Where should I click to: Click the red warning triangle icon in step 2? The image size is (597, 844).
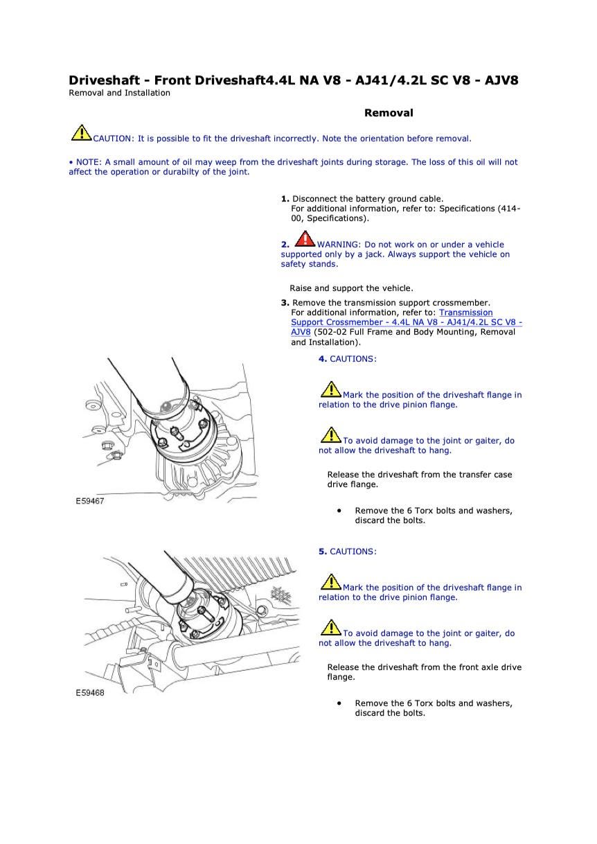[305, 239]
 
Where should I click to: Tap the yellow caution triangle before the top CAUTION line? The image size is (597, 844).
[81, 132]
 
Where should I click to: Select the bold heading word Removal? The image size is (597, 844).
[389, 113]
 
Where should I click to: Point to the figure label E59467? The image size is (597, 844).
[90, 501]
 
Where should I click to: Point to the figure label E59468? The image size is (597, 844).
[90, 692]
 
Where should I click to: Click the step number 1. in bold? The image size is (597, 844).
[285, 199]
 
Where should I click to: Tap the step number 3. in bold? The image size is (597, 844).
[285, 303]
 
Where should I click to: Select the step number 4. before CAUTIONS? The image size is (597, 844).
[323, 359]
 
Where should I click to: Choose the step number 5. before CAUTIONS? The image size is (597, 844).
[323, 552]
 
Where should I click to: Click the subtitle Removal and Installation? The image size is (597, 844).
[119, 93]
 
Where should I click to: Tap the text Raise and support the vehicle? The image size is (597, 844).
[351, 288]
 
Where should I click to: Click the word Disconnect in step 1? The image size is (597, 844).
[315, 199]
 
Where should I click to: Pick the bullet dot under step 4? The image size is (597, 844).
[339, 511]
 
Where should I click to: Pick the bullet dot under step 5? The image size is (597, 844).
[339, 703]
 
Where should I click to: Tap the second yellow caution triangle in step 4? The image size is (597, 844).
[330, 435]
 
